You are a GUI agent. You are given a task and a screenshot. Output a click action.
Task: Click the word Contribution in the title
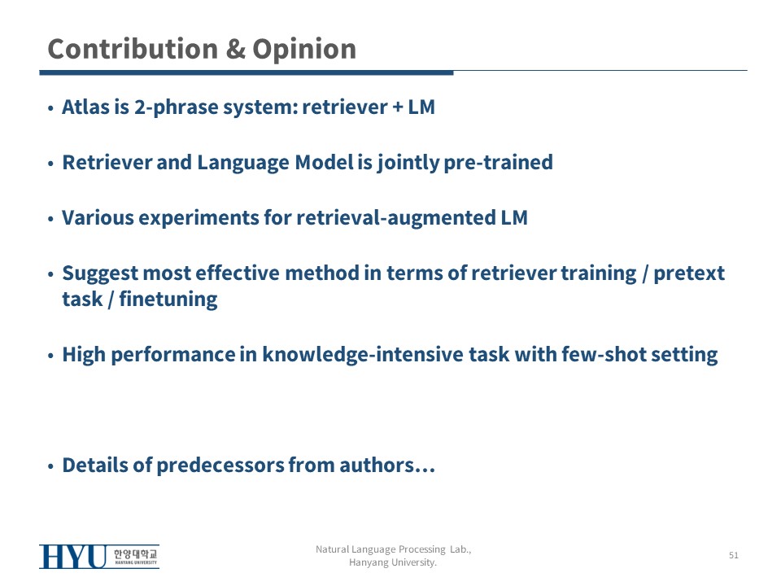pyautogui.click(x=133, y=49)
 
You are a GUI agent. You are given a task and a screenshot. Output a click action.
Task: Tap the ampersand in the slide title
pyautogui.click(x=236, y=49)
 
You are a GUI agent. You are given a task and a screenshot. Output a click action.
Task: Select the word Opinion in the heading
pyautogui.click(x=304, y=50)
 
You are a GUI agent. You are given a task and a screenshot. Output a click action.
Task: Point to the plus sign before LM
pyautogui.click(x=398, y=107)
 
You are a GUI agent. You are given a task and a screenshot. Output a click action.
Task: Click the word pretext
pyautogui.click(x=689, y=273)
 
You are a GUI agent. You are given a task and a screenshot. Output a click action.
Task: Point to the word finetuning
pyautogui.click(x=168, y=300)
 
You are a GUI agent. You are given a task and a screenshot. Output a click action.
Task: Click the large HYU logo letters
pyautogui.click(x=72, y=557)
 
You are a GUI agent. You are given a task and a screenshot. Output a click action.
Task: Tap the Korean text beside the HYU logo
pyautogui.click(x=136, y=554)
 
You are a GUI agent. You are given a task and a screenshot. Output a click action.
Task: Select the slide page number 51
pyautogui.click(x=734, y=555)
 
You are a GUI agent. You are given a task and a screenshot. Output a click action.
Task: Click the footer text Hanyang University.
pyautogui.click(x=393, y=562)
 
